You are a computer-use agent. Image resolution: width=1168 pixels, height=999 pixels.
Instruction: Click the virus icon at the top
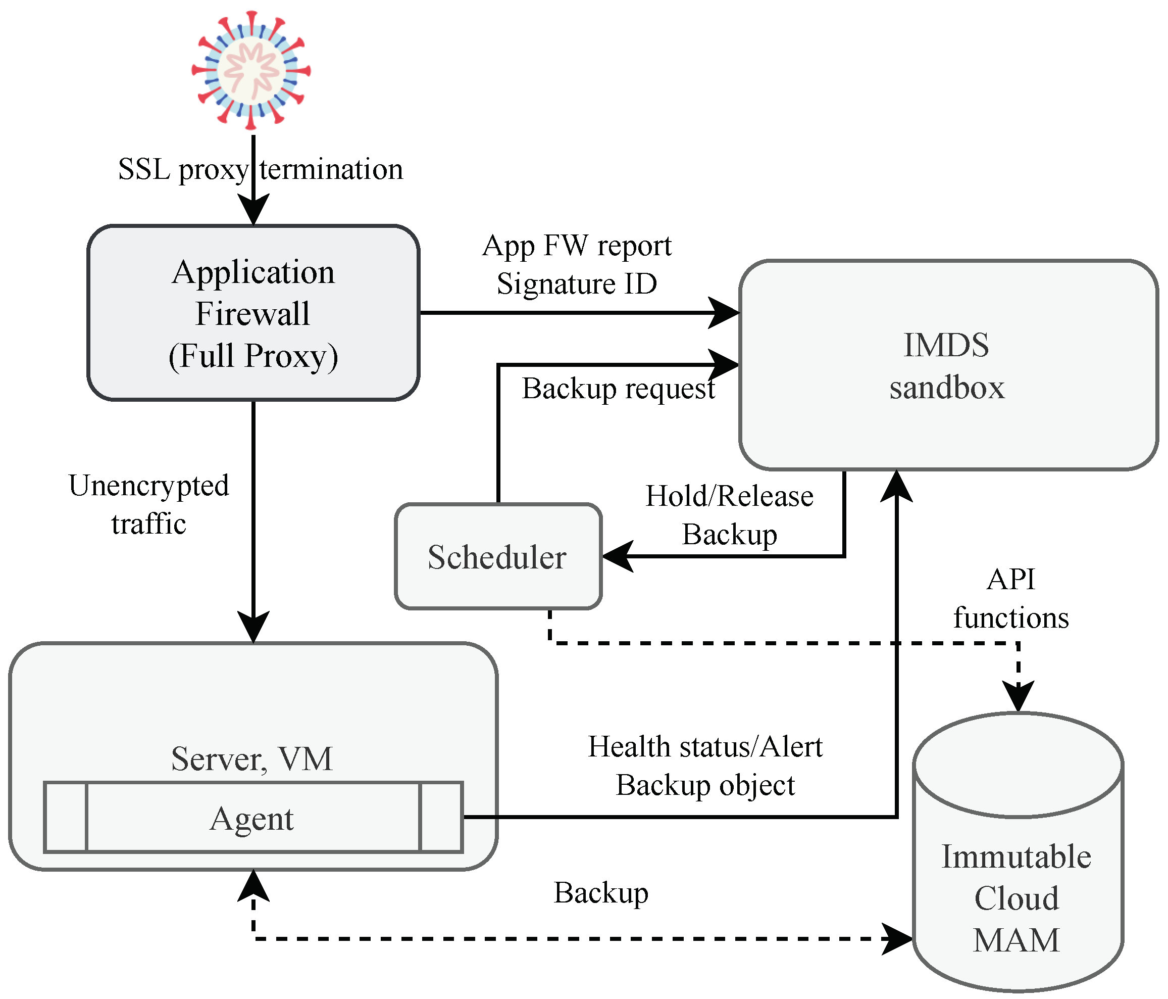click(x=251, y=70)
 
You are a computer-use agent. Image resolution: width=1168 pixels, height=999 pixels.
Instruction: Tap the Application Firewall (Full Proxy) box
click(x=253, y=314)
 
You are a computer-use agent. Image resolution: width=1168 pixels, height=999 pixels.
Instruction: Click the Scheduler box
click(x=498, y=557)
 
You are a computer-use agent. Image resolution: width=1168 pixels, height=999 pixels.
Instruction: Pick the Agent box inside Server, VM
click(x=252, y=818)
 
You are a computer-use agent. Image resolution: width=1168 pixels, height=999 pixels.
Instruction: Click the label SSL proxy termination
click(x=261, y=169)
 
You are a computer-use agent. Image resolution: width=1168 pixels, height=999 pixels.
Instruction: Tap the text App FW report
click(x=577, y=246)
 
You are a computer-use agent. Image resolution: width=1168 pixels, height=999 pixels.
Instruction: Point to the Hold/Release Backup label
click(x=730, y=515)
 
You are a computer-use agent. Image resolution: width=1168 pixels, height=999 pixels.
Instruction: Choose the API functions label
click(x=1011, y=598)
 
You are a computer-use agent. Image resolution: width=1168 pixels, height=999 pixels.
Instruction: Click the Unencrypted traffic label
click(x=149, y=504)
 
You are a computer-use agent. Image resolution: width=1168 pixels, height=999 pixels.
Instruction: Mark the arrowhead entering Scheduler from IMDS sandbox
click(x=617, y=557)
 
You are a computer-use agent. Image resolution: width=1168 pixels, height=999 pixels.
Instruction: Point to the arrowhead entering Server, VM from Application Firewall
click(x=253, y=628)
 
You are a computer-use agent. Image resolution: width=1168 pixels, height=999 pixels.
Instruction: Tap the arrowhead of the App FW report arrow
click(x=724, y=312)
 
